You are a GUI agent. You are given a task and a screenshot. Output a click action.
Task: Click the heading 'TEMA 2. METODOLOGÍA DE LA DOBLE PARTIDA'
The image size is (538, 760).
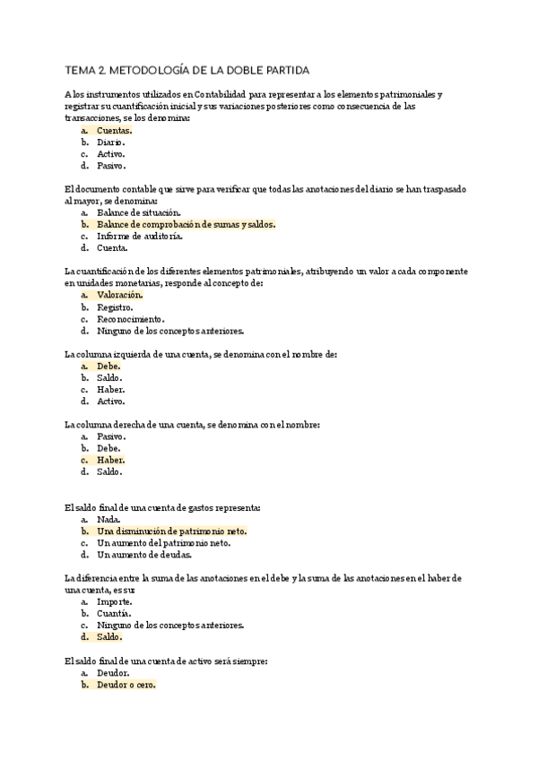click(x=187, y=70)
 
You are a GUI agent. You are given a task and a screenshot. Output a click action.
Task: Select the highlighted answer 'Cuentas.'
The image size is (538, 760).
click(x=114, y=130)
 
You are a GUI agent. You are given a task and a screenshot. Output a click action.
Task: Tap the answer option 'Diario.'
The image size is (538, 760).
click(x=111, y=142)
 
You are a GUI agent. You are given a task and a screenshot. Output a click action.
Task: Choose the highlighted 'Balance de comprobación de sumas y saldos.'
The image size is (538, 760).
click(x=186, y=224)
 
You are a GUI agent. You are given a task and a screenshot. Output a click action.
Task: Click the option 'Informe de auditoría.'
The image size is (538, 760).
click(x=139, y=237)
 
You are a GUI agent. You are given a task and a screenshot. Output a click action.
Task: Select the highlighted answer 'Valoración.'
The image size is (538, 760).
click(x=119, y=295)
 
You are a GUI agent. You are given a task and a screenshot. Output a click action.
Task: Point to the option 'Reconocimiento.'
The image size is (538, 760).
click(x=130, y=318)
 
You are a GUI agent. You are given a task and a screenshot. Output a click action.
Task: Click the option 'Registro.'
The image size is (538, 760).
click(x=115, y=307)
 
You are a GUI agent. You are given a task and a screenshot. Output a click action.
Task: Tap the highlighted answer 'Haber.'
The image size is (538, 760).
click(x=111, y=460)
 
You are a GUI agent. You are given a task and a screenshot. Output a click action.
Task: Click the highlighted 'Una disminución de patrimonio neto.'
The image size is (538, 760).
click(x=171, y=531)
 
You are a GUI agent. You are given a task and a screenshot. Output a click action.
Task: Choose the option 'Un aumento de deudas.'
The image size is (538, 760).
click(x=143, y=554)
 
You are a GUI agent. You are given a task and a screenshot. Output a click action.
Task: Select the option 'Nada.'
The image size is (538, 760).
click(x=108, y=519)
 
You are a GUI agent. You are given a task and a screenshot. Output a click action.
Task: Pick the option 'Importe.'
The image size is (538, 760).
click(x=114, y=601)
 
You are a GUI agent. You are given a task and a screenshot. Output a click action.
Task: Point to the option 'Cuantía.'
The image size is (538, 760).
click(x=115, y=613)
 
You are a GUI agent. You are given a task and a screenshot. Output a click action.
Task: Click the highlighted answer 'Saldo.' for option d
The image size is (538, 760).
click(x=109, y=637)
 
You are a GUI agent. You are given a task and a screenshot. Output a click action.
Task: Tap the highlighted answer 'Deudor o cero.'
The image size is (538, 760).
click(x=126, y=685)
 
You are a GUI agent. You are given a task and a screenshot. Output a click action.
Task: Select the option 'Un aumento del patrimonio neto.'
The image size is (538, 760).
click(x=163, y=542)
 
